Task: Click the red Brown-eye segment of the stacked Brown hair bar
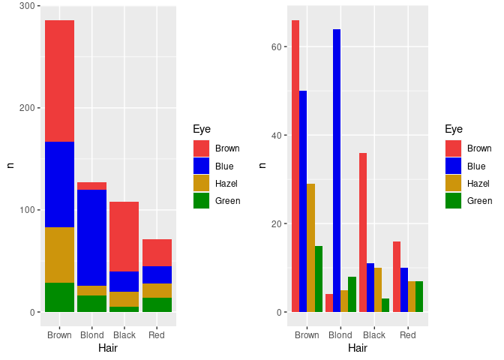coord(59,81)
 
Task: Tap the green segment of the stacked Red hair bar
coord(157,304)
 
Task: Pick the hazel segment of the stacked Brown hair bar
coord(59,254)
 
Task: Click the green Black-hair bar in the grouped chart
coord(385,305)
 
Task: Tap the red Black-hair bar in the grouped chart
coord(363,232)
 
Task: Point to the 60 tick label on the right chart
coord(275,46)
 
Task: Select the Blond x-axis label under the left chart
coord(91,334)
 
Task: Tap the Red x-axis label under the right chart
coord(408,334)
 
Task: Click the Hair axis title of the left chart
coord(108,348)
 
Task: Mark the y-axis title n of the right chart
coord(261,165)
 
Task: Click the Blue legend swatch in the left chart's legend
coord(201,166)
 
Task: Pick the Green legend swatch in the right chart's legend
coord(453,200)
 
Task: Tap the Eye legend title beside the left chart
coord(201,129)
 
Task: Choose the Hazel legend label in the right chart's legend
coord(478,183)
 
